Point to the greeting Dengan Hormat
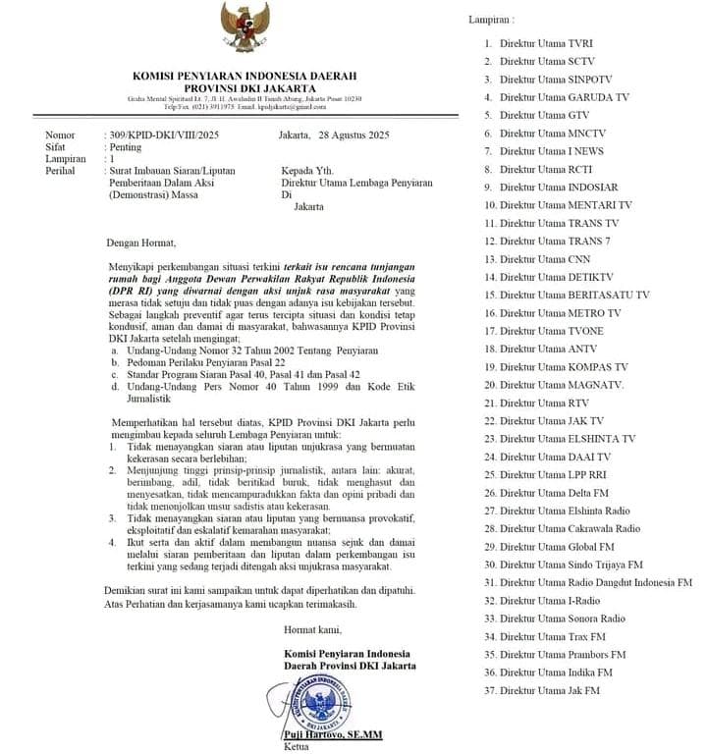coord(142,242)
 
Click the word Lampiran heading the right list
coord(490,20)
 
